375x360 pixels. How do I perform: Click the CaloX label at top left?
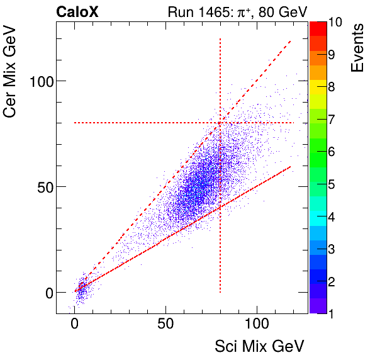(76, 12)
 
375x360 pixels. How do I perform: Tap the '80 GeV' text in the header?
(270, 12)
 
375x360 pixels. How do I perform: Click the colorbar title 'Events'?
(358, 48)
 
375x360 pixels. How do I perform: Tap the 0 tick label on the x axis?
(75, 325)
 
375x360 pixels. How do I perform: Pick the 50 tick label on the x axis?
(165, 325)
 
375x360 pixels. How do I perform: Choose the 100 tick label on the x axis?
(257, 325)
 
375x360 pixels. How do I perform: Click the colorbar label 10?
(335, 22)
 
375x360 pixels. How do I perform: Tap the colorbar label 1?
(332, 313)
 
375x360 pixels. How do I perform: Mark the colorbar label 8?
(332, 87)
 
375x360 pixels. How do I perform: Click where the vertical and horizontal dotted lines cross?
(220, 123)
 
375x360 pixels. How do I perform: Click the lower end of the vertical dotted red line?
(220, 292)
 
